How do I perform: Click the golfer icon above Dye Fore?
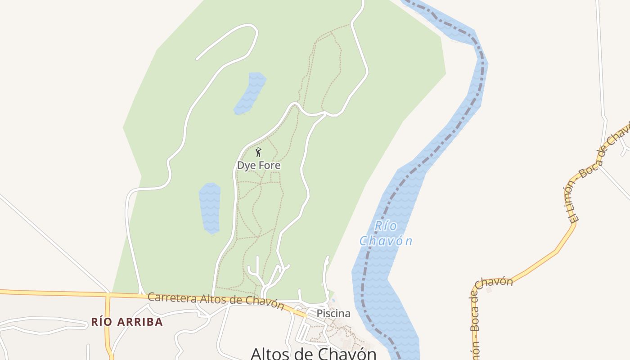pyautogui.click(x=258, y=152)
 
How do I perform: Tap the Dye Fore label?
pyautogui.click(x=259, y=165)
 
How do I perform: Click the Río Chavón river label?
pyautogui.click(x=386, y=234)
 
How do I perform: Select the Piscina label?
pyautogui.click(x=333, y=313)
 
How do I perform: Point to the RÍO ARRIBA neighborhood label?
pyautogui.click(x=127, y=322)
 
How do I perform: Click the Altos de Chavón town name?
pyautogui.click(x=313, y=353)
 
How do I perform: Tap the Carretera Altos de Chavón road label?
pyautogui.click(x=216, y=301)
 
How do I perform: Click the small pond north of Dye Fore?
pyautogui.click(x=250, y=93)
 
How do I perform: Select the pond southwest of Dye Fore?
pyautogui.click(x=210, y=207)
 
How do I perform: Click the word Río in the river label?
pyautogui.click(x=386, y=225)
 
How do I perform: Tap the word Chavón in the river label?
pyautogui.click(x=386, y=241)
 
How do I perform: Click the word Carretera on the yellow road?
pyautogui.click(x=173, y=298)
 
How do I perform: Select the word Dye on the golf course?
pyautogui.click(x=246, y=165)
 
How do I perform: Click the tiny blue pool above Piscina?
pyautogui.click(x=333, y=298)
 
